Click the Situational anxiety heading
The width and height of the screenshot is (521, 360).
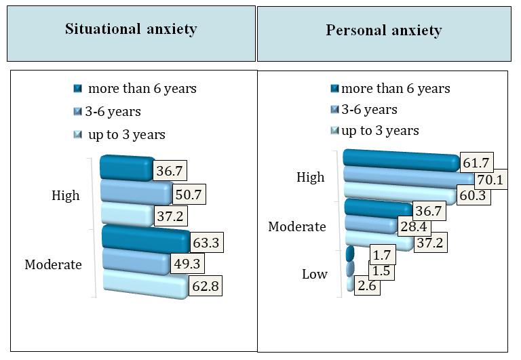click(x=131, y=29)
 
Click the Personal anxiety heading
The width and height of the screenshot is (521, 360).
click(x=384, y=31)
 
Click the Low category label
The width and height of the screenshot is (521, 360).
click(x=315, y=274)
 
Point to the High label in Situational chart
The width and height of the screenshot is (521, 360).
click(x=66, y=195)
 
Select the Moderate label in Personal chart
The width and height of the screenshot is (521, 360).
click(x=298, y=226)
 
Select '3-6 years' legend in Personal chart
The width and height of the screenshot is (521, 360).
click(x=369, y=109)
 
